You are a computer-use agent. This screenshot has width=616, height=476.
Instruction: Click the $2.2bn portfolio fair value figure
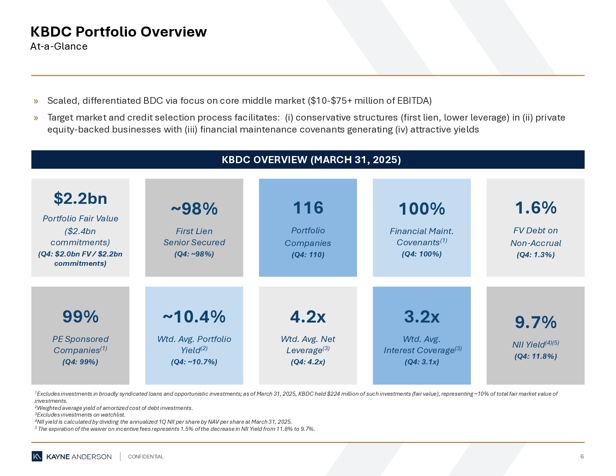coord(80,199)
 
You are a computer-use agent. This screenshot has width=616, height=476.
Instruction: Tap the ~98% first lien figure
coord(194,209)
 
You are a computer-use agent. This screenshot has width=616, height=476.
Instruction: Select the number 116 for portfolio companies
coord(308,208)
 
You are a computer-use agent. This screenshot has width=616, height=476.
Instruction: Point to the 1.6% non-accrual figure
coord(535,208)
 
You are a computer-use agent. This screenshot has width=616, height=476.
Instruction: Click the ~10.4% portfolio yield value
coord(194,317)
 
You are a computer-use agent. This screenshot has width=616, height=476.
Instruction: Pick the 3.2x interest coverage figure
coord(421,317)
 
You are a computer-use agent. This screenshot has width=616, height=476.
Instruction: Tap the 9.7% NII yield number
coord(535,322)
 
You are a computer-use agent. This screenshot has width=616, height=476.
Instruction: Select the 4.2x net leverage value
coord(308,317)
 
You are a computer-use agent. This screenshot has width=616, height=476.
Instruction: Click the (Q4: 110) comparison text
coord(308,255)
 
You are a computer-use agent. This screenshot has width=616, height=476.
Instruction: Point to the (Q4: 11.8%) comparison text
coord(535,356)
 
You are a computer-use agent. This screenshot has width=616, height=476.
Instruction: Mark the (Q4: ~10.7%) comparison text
coord(194,362)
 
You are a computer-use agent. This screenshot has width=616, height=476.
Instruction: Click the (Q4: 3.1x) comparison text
coord(421,362)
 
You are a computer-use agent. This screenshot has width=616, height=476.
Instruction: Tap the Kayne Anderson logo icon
coord(37,456)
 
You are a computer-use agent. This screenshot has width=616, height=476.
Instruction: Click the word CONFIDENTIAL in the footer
coord(146,457)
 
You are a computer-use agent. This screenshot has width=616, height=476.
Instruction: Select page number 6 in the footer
coord(582,457)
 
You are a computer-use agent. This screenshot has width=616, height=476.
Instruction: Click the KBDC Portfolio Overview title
coord(118,32)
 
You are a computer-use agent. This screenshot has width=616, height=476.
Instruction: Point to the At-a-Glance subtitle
coord(59,46)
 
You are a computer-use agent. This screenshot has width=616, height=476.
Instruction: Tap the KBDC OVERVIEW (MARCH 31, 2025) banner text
coord(311,160)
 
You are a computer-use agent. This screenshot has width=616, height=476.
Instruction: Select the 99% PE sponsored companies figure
coord(80,317)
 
